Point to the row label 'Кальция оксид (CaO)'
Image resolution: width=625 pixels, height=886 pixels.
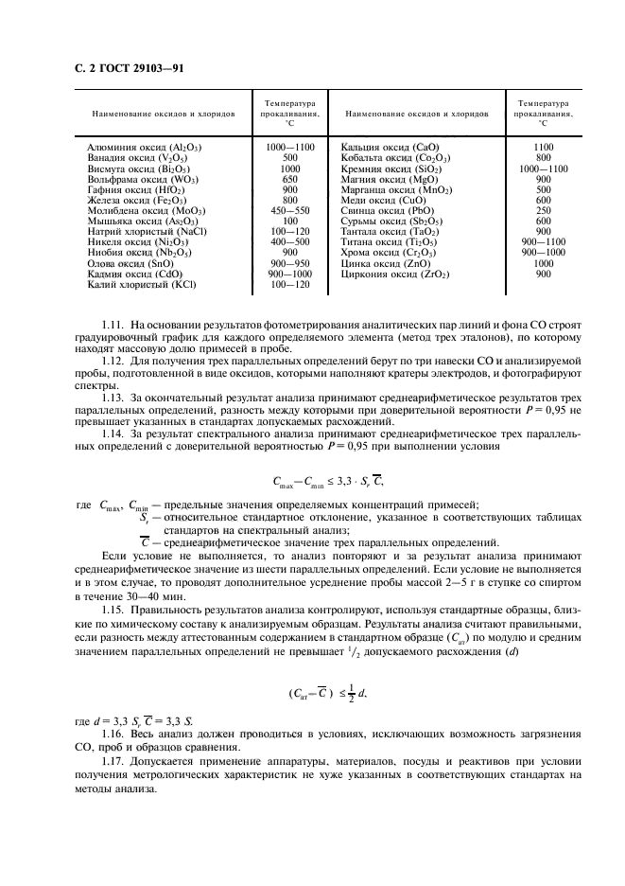pos(389,149)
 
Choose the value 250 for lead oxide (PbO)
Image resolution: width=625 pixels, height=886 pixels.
pos(543,209)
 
